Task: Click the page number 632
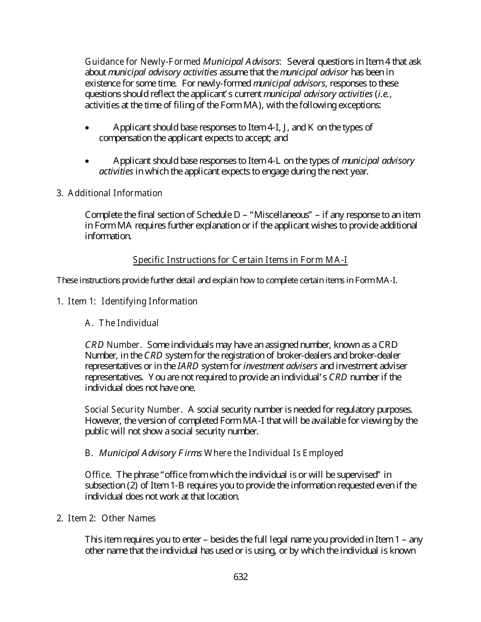click(240, 577)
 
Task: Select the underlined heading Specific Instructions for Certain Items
click(240, 260)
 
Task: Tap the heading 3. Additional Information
click(109, 193)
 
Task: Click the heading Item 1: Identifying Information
click(127, 301)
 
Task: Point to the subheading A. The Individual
click(122, 323)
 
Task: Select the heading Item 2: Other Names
click(106, 518)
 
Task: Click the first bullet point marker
click(88, 128)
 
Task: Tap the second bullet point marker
click(88, 161)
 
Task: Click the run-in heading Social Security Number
click(133, 410)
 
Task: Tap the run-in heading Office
click(98, 475)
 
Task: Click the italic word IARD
click(184, 366)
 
